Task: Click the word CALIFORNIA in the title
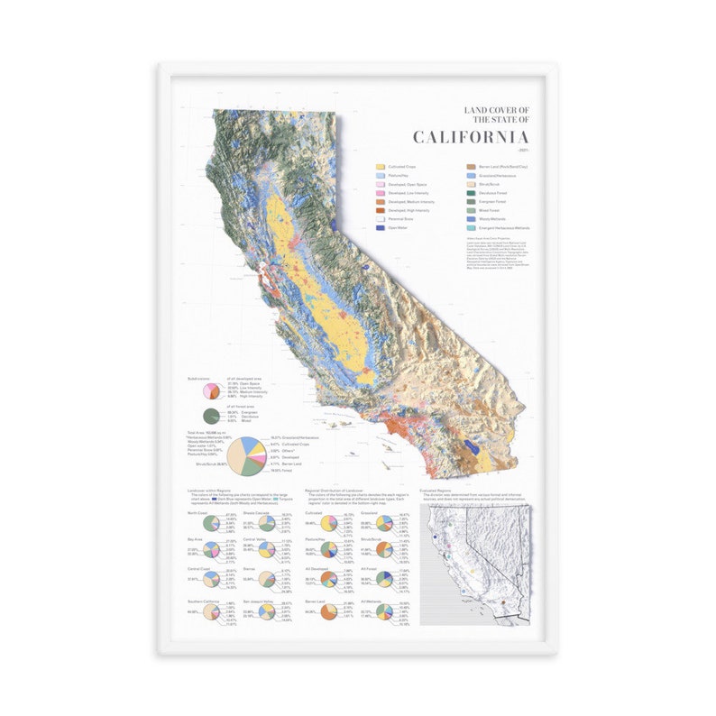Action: click(x=471, y=137)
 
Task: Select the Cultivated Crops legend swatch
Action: click(x=381, y=167)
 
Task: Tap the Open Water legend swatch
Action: click(x=381, y=228)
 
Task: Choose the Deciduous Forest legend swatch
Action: click(x=471, y=192)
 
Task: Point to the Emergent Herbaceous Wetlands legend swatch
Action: click(x=471, y=228)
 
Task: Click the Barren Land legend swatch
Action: click(x=471, y=167)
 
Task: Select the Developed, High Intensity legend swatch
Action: click(x=381, y=210)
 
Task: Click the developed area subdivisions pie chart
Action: click(x=211, y=390)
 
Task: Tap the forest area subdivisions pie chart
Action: click(x=211, y=415)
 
